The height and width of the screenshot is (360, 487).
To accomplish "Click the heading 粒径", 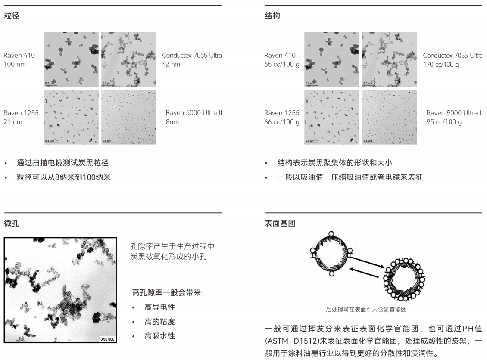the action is click(12, 16).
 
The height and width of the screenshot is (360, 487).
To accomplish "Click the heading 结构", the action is click(272, 16).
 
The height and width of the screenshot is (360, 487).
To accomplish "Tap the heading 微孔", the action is click(12, 223).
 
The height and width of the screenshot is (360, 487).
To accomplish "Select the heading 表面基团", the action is click(280, 223).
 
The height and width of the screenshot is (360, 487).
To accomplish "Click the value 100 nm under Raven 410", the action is click(15, 64).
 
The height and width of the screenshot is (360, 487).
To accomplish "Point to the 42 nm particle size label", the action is click(171, 64).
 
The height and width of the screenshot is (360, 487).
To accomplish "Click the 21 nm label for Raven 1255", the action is click(13, 122).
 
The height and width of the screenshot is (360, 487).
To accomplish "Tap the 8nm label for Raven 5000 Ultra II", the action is click(172, 122).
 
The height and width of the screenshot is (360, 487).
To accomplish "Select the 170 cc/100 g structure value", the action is click(441, 65).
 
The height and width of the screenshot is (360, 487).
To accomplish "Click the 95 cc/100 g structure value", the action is click(444, 122).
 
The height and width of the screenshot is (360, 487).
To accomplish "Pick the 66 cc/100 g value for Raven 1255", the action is click(282, 122).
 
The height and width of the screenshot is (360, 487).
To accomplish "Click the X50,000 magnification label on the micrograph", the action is click(107, 339).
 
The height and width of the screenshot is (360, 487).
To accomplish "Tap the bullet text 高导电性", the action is click(159, 307).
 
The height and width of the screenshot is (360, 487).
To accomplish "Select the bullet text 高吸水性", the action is click(159, 336).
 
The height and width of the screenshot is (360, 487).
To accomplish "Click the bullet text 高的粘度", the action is click(159, 322).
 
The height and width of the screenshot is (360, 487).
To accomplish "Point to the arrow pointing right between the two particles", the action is click(368, 262).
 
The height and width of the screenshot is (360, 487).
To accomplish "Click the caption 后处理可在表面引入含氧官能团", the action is click(366, 310).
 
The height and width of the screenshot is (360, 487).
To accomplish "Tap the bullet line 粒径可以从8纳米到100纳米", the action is click(64, 177).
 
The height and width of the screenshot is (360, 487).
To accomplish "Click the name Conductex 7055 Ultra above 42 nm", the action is click(192, 55).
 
